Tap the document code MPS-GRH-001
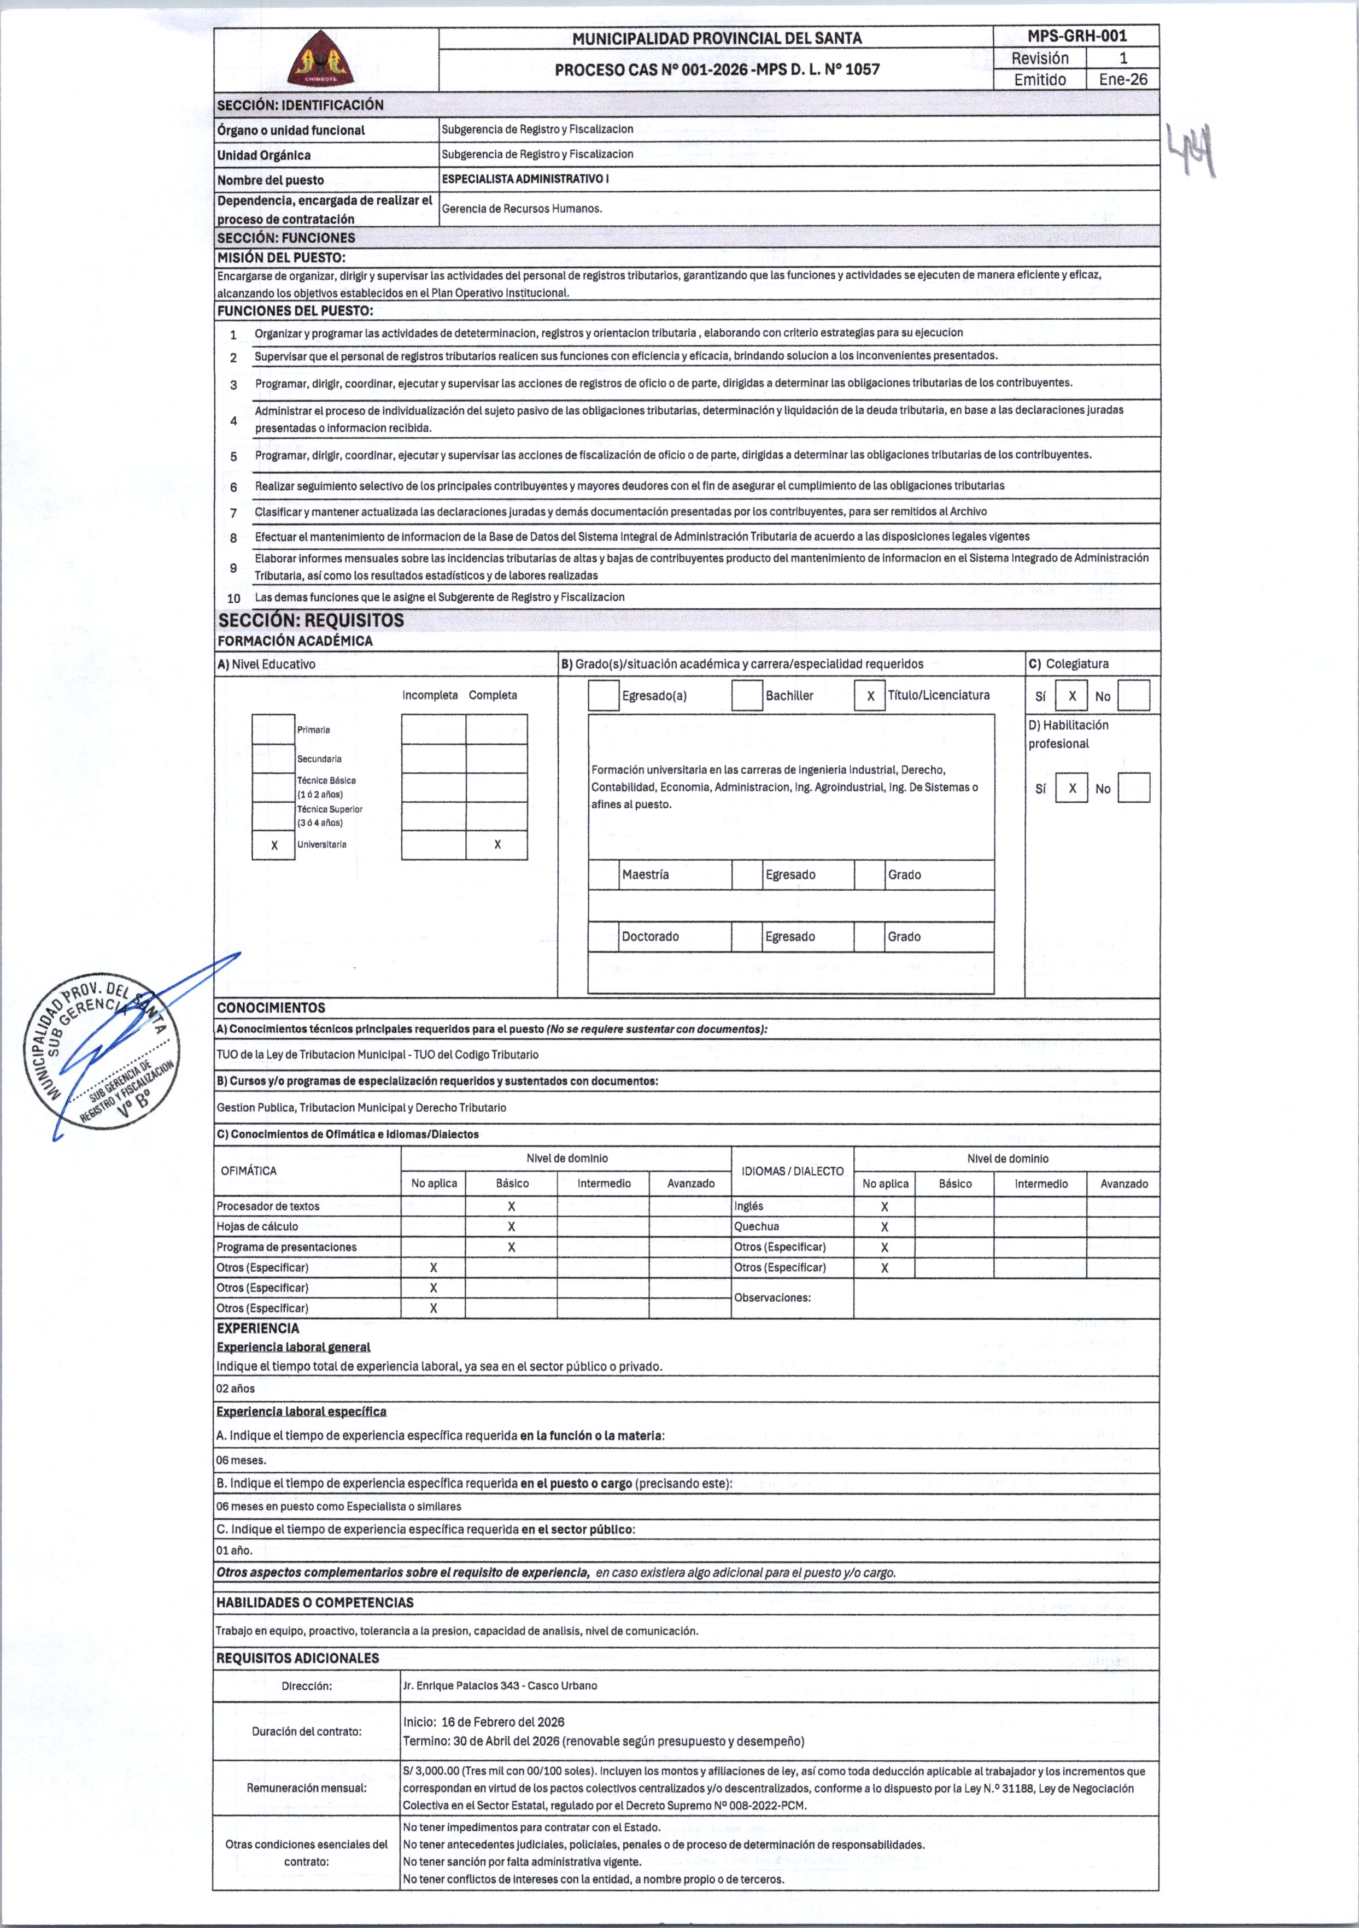1077,36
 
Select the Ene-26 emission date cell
1123,80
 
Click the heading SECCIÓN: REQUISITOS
311,621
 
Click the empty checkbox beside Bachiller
747,695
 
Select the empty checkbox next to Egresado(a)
603,695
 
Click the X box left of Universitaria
274,845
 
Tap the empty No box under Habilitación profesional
1134,787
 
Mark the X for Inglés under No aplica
884,1207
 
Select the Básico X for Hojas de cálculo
512,1227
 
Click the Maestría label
645,875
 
